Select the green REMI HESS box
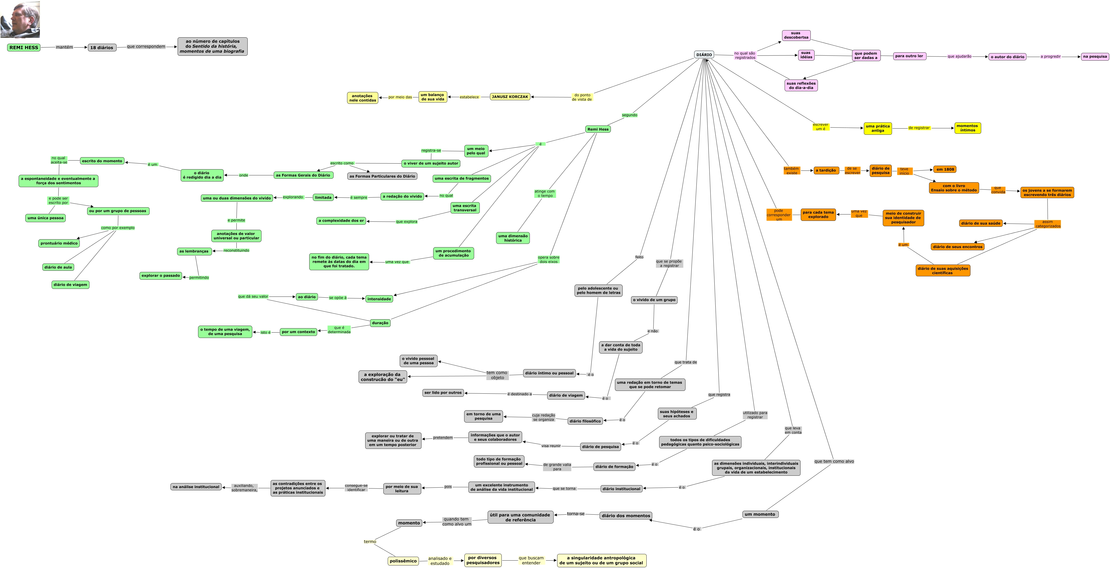(x=24, y=47)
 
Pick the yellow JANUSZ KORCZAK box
(x=510, y=97)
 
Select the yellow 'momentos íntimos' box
(x=967, y=128)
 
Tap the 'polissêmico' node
(x=403, y=561)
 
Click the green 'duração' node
(x=380, y=323)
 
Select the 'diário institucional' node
(x=621, y=489)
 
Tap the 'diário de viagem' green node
(x=70, y=285)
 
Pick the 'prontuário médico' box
(x=59, y=243)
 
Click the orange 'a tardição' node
(x=826, y=170)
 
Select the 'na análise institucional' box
(x=196, y=486)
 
